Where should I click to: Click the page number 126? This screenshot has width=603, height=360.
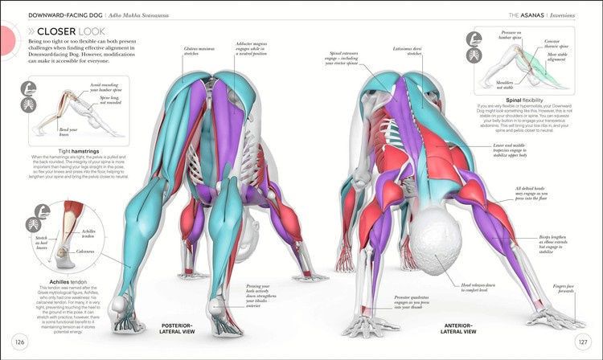[x=18, y=342]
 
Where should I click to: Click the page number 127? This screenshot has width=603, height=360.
[x=584, y=342]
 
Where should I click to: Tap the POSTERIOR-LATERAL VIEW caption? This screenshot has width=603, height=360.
[x=178, y=329]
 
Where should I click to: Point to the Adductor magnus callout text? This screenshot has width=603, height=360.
[x=258, y=32]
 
